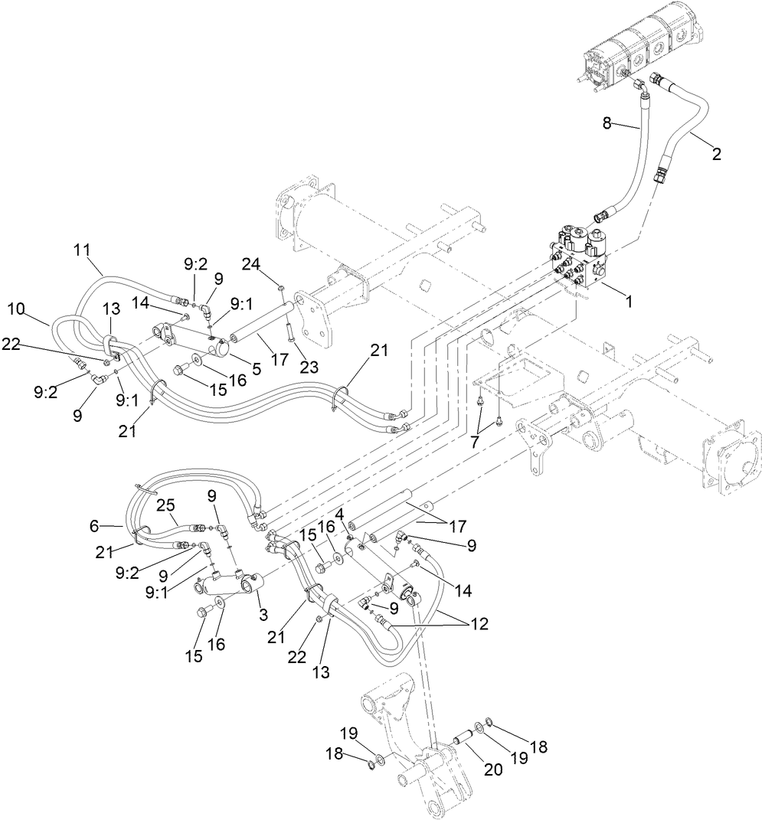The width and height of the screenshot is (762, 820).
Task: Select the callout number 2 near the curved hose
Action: [716, 154]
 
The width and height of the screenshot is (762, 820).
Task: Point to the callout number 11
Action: [82, 249]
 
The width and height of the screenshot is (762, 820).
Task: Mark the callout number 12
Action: [479, 624]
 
